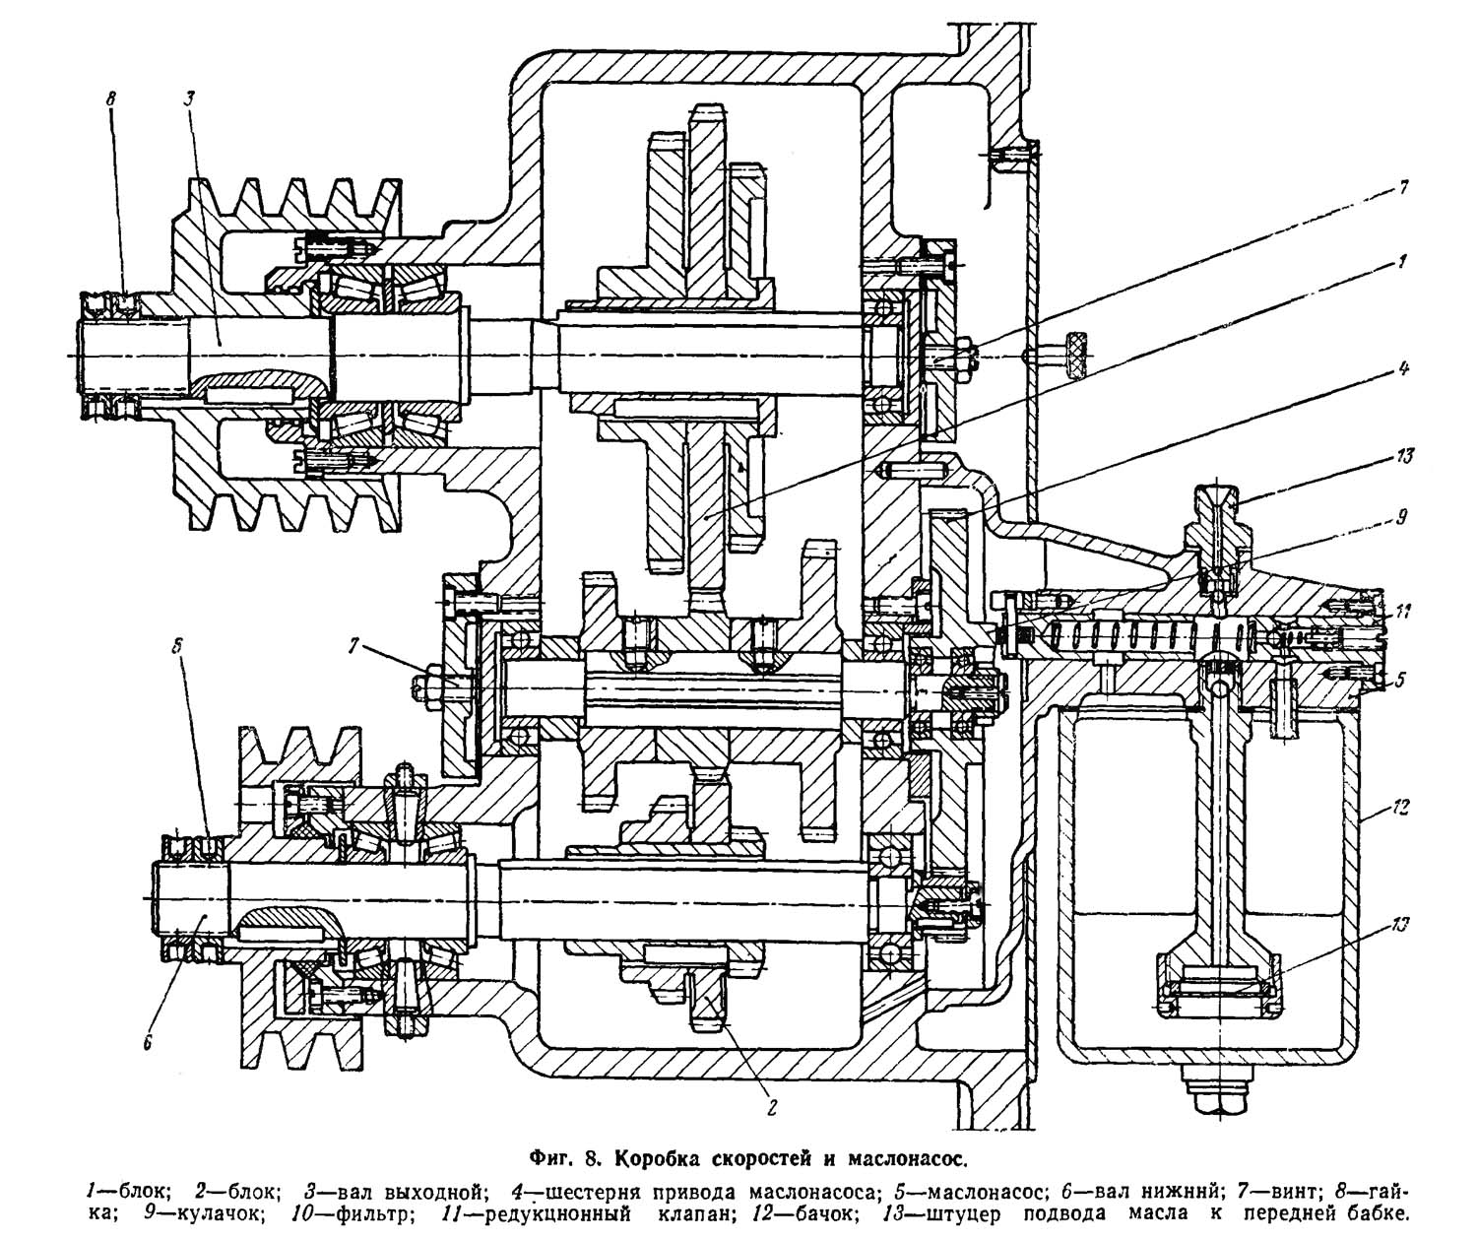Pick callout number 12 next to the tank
1401,808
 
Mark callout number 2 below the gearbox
771,1107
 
